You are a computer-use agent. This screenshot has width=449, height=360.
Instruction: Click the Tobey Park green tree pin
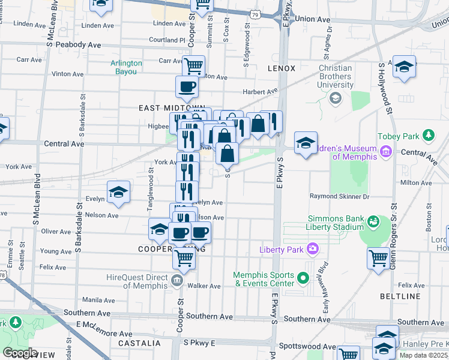tap(429, 134)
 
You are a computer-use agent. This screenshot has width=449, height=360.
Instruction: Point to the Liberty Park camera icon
tap(312, 248)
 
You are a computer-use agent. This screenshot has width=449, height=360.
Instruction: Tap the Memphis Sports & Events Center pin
tap(303, 277)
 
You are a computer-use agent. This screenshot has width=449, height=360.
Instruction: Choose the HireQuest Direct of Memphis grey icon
tap(177, 280)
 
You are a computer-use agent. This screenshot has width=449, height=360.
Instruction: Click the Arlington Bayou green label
tap(126, 67)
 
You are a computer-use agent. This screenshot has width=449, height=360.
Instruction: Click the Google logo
tap(20, 352)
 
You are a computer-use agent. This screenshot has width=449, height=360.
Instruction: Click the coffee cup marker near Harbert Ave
tap(187, 88)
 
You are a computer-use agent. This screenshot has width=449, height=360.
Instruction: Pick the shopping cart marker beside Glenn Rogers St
tap(379, 259)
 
